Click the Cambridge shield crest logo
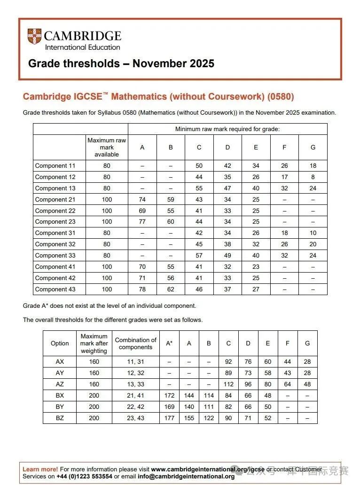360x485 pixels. [34, 37]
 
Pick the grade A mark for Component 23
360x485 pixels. [142, 222]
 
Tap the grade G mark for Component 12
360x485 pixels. [313, 177]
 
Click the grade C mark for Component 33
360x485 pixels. [199, 256]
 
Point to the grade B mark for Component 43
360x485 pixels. [171, 289]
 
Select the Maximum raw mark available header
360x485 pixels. [107, 147]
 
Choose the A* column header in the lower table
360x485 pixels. [169, 343]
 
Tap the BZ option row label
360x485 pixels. [60, 418]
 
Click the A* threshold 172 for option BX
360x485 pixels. [169, 396]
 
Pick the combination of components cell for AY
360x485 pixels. [135, 373]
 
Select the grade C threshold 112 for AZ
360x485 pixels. [228, 384]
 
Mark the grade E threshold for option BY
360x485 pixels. [268, 407]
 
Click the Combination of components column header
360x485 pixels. [135, 344]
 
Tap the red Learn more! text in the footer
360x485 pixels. [40, 469]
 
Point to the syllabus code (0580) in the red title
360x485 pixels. [281, 97]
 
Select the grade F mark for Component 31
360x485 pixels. [284, 233]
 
